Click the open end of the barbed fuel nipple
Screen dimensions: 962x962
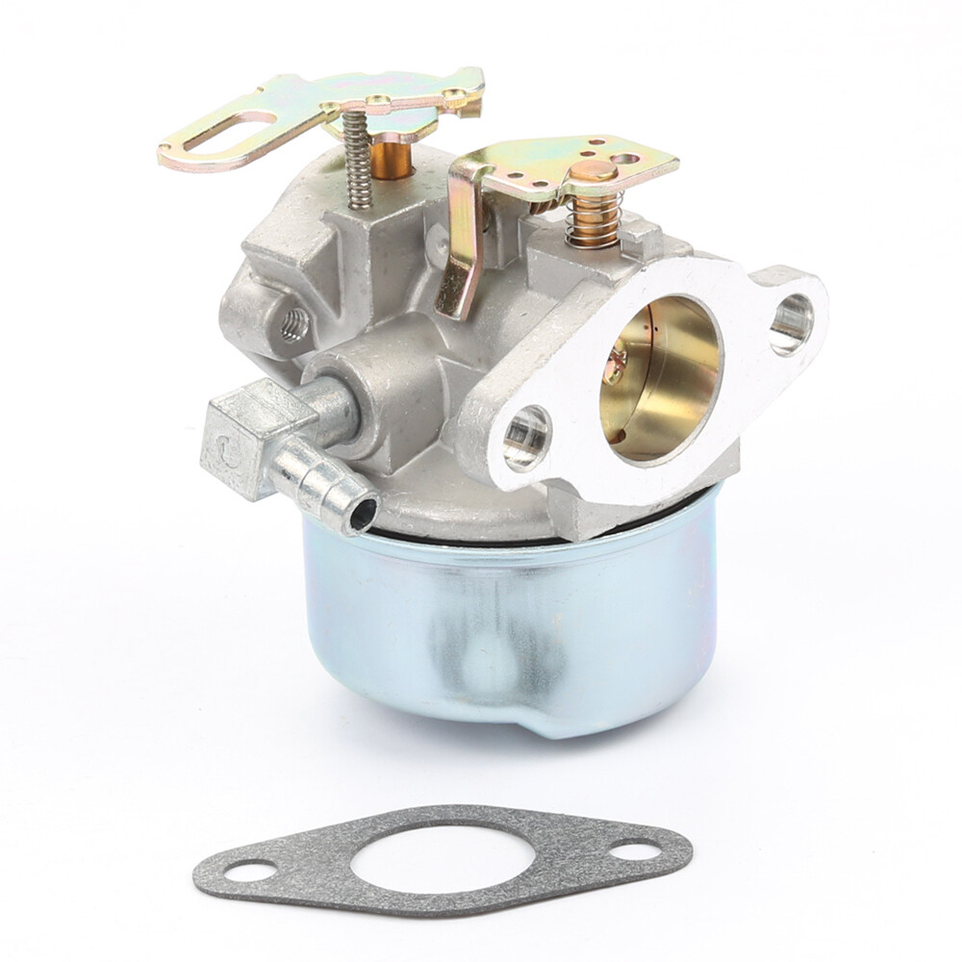point(363,515)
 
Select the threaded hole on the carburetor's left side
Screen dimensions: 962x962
point(294,326)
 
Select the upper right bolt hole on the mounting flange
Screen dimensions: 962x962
point(791,322)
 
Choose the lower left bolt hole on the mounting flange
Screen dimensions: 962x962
point(526,438)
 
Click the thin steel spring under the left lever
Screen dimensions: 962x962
point(358,159)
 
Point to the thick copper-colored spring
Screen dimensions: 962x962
point(593,217)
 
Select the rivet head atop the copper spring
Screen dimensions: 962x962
point(593,172)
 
